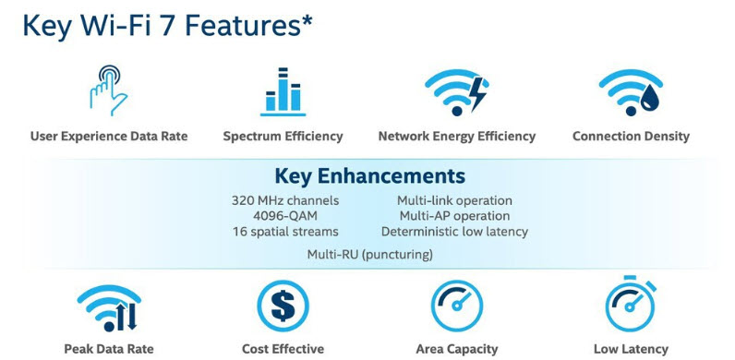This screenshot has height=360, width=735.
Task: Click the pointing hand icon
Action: [108, 90]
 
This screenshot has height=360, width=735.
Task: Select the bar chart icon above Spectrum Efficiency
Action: [283, 92]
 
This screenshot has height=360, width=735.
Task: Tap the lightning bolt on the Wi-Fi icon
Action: [478, 94]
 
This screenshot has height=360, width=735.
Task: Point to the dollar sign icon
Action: [283, 306]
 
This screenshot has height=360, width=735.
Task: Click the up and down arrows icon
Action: [127, 317]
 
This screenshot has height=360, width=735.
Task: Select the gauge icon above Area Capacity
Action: [456, 306]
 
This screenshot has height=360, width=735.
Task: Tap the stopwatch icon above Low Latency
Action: [631, 304]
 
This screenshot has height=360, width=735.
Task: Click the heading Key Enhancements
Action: [370, 175]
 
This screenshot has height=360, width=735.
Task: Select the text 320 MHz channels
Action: [285, 200]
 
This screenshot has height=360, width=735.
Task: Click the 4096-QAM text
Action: [285, 216]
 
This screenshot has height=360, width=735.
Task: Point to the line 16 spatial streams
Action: [285, 232]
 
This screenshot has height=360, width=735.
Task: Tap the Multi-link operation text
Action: [454, 200]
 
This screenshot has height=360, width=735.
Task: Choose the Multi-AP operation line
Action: [454, 216]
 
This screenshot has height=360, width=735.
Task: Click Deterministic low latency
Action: [454, 232]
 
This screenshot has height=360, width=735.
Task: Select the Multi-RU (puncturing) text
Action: [370, 255]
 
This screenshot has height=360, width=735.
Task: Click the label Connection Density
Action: [631, 137]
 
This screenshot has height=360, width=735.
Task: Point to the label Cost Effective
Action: [283, 349]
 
